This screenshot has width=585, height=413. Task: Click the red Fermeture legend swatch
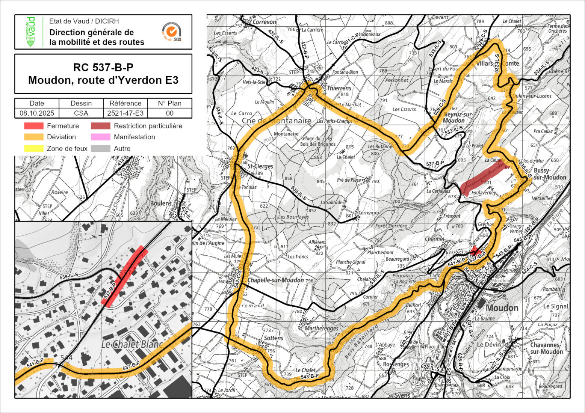pyautogui.click(x=33, y=126)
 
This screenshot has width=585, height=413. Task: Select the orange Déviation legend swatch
pyautogui.click(x=33, y=137)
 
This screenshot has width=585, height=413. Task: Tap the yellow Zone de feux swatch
pyautogui.click(x=33, y=148)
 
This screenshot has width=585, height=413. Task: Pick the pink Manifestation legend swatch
pyautogui.click(x=100, y=137)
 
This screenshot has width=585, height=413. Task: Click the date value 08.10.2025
pyautogui.click(x=37, y=113)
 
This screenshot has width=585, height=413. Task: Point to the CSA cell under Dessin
pyautogui.click(x=81, y=113)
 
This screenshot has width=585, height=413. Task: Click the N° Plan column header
pyautogui.click(x=169, y=103)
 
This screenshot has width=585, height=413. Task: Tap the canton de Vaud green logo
pyautogui.click(x=31, y=32)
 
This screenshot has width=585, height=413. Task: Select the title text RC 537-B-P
pyautogui.click(x=103, y=68)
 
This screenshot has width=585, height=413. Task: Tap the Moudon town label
pyautogui.click(x=502, y=308)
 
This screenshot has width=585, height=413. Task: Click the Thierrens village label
pyautogui.click(x=339, y=88)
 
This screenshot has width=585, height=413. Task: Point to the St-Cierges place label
pyautogui.click(x=260, y=166)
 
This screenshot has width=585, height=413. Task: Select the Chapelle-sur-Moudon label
pyautogui.click(x=275, y=280)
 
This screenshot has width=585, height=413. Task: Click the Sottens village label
pyautogui.click(x=273, y=338)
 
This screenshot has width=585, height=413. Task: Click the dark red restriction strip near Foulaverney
pyautogui.click(x=483, y=179)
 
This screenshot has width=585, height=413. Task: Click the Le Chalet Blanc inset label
pyautogui.click(x=132, y=344)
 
